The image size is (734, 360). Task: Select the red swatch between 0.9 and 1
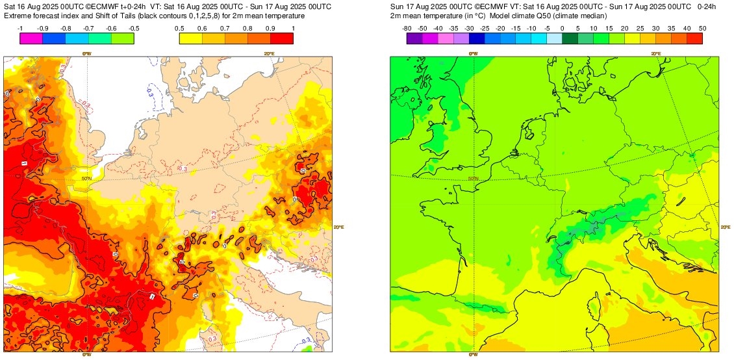[x=281, y=38]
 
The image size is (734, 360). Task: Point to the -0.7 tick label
[x=88, y=29]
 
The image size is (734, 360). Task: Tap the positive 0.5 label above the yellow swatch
[x=179, y=29]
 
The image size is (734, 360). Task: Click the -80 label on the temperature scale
[x=407, y=29]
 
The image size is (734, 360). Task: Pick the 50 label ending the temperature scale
[x=702, y=29]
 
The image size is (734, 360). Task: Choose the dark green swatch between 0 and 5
[x=570, y=38]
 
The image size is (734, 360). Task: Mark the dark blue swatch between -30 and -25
[x=476, y=38]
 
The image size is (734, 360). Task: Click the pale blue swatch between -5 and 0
[x=554, y=38]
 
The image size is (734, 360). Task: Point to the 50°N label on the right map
[x=472, y=179]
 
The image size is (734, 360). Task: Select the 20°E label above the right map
[x=656, y=54]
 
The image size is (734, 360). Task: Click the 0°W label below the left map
[x=86, y=355]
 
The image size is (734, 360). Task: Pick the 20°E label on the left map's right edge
[x=338, y=227]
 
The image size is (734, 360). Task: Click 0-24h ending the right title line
[x=706, y=6]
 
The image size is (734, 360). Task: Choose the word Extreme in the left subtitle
[x=18, y=16]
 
